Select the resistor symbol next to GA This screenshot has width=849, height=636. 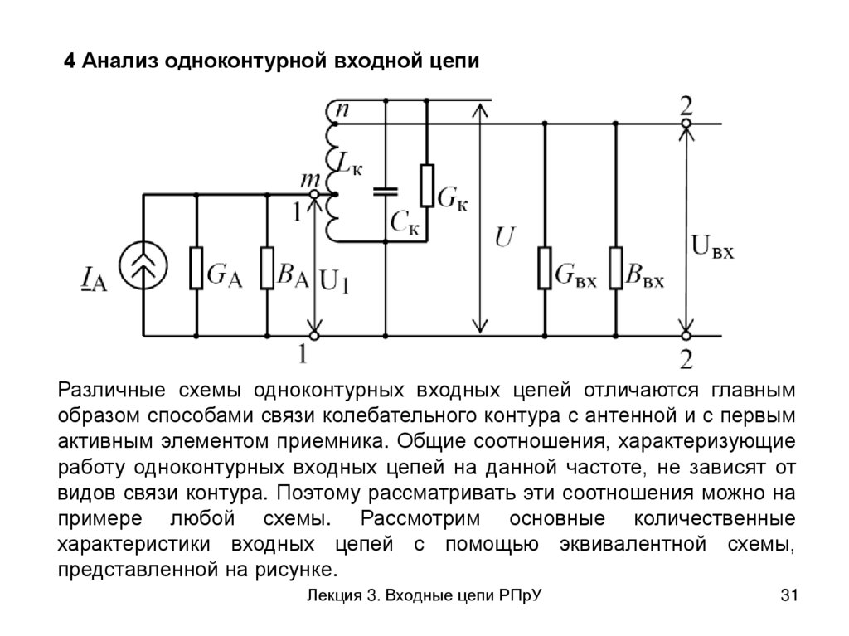(x=196, y=267)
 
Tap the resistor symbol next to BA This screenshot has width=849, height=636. (x=267, y=267)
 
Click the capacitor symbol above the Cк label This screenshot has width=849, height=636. (x=386, y=192)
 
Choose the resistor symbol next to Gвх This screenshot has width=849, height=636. (x=544, y=267)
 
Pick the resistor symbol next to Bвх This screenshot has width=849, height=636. (x=615, y=267)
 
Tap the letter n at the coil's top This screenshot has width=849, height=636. (x=341, y=109)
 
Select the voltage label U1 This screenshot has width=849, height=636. (x=334, y=283)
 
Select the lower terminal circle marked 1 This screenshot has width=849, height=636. (x=314, y=336)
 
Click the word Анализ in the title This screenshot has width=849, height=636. (x=121, y=62)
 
